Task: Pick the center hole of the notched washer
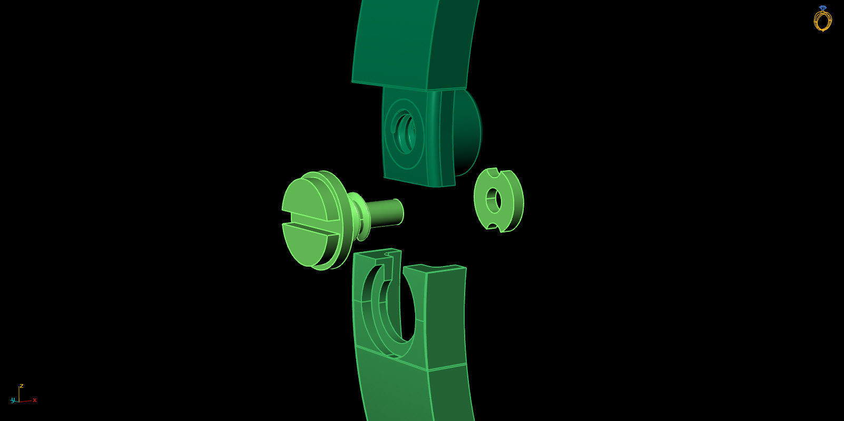pyautogui.click(x=493, y=200)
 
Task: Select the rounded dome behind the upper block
pyautogui.click(x=468, y=132)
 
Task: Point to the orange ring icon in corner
pyautogui.click(x=822, y=20)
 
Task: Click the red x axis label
pyautogui.click(x=35, y=400)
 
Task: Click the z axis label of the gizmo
pyautogui.click(x=21, y=386)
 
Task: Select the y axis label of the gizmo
pyautogui.click(x=12, y=400)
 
